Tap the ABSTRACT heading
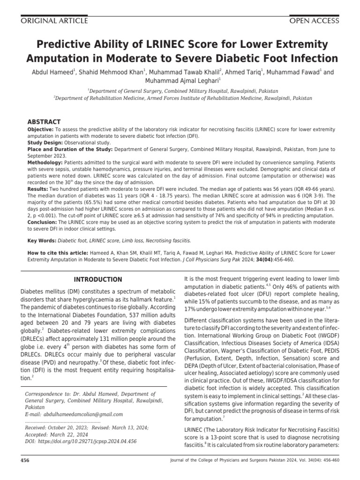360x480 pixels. [x=45, y=121]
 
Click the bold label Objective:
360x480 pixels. [x=41, y=129]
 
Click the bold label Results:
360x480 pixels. [x=38, y=188]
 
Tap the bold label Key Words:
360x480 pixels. [x=41, y=240]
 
